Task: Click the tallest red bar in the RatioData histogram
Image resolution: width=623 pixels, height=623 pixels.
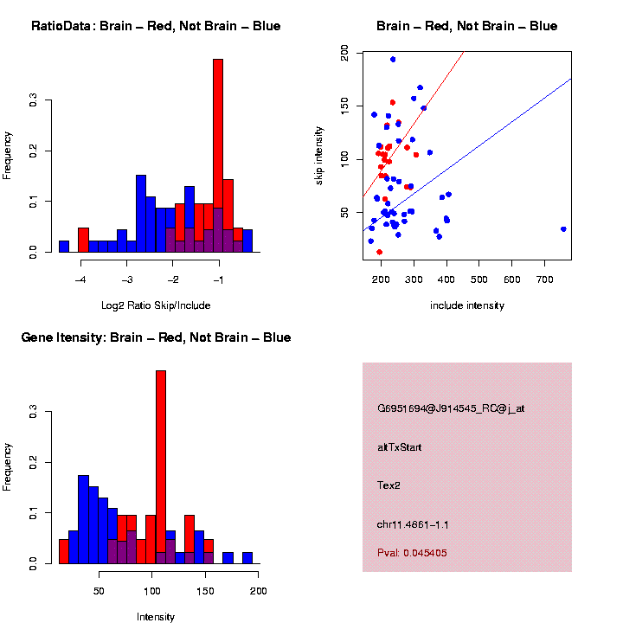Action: point(218,156)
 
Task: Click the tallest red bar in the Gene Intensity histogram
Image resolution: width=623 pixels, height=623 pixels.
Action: point(161,467)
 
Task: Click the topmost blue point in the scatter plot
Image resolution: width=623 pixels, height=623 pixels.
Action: point(393,60)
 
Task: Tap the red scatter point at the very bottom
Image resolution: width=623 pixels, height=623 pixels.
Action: point(379,252)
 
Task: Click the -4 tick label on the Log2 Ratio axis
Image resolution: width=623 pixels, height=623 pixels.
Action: point(80,280)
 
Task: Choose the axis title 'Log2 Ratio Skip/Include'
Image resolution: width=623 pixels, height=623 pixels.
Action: point(155,305)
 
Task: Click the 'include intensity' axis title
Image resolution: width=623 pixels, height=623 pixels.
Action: point(466,305)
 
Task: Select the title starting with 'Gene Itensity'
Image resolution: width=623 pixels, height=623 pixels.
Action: point(156,337)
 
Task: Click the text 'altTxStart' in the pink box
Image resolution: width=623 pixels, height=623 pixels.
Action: point(399,447)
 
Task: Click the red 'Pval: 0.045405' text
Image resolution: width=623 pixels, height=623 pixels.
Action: point(412,553)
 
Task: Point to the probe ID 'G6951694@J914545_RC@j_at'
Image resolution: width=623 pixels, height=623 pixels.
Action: point(451,408)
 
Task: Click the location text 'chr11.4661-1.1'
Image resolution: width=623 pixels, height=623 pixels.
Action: point(413,524)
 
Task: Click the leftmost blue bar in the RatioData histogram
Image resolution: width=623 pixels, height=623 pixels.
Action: point(64,247)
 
